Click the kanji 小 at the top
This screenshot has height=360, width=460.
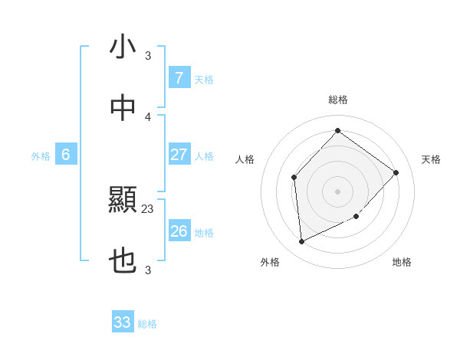tap(123, 47)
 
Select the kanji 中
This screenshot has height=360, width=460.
tap(123, 109)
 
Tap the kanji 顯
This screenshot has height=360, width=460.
tap(123, 201)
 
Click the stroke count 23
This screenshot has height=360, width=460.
tap(148, 208)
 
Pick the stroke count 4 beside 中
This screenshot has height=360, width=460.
tap(148, 116)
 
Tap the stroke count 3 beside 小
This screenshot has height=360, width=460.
tap(148, 55)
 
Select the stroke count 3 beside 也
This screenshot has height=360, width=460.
tap(148, 270)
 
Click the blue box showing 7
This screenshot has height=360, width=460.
tap(179, 78)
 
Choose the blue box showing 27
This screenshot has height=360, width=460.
tap(179, 155)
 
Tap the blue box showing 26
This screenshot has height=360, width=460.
tap(179, 231)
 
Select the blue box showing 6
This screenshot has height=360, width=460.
tap(66, 155)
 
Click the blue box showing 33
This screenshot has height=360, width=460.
tap(123, 322)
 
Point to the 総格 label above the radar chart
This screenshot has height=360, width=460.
tap(338, 100)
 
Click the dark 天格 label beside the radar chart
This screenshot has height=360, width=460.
tap(431, 159)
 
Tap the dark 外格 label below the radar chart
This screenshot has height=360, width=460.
tap(270, 263)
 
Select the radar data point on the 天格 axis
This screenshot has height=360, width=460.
tap(396, 172)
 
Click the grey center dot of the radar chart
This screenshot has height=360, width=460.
tap(338, 191)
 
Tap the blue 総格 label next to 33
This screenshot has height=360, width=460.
tap(147, 324)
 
